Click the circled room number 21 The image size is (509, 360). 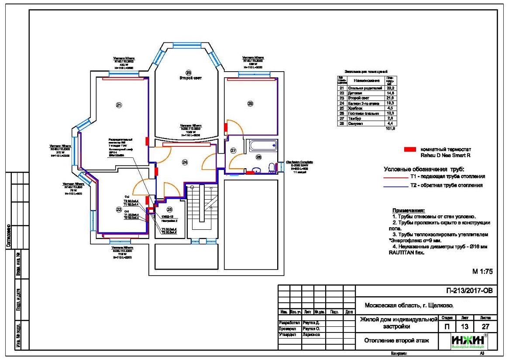click(x=118, y=105)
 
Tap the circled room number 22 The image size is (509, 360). click(x=118, y=210)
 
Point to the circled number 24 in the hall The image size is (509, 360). click(x=185, y=163)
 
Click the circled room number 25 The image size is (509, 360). click(x=169, y=210)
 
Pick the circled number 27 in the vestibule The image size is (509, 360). click(x=233, y=151)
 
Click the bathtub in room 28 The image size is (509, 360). click(x=262, y=146)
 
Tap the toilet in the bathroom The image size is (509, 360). click(x=272, y=168)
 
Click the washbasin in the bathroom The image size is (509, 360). click(x=258, y=170)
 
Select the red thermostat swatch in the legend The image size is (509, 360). click(x=410, y=149)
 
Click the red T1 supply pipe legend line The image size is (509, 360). click(x=395, y=177)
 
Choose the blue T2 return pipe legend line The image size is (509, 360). click(x=395, y=186)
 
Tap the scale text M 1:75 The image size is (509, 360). click(x=482, y=271)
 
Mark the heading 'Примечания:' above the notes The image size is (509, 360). click(x=408, y=211)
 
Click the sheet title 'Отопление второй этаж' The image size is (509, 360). click(x=396, y=341)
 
